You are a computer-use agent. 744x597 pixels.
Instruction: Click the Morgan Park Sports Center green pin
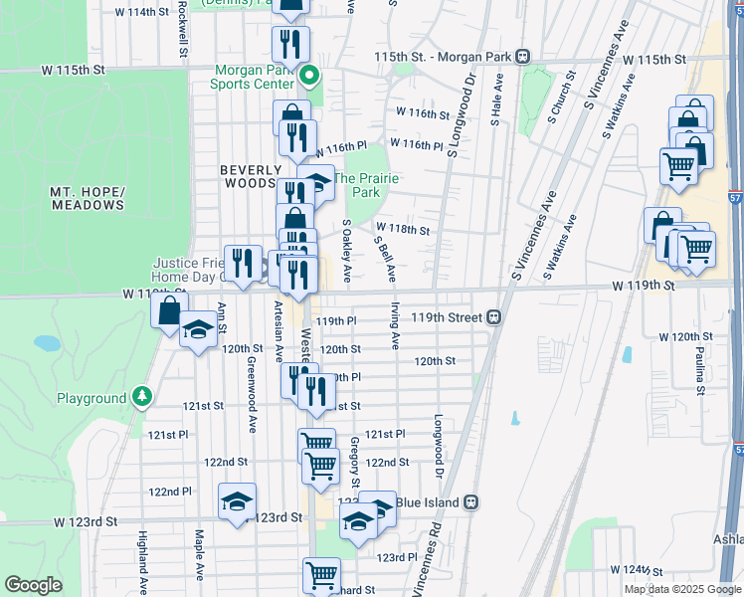[x=309, y=75]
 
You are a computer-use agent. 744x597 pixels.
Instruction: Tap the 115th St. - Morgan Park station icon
[x=520, y=57]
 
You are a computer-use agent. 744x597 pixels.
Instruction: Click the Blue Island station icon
[x=471, y=502]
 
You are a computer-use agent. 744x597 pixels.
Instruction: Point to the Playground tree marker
[x=142, y=397]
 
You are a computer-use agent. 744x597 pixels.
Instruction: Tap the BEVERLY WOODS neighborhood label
[x=248, y=177]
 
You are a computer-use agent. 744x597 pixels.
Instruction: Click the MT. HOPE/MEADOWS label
[x=89, y=198]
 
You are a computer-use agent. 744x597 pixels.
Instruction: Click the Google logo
[x=34, y=585]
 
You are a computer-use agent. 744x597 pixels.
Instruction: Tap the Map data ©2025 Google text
[x=682, y=589]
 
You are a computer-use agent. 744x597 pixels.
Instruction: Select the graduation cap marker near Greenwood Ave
[x=238, y=500]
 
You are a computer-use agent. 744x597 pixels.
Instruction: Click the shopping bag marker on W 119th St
[x=169, y=308]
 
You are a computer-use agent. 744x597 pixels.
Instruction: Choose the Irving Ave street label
[x=395, y=325]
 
